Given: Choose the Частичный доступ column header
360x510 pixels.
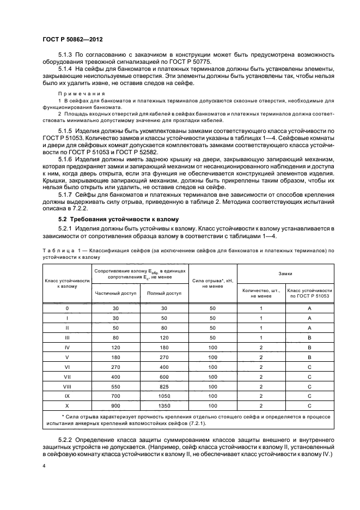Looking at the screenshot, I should [x=114, y=293].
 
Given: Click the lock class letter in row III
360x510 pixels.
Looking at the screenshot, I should [x=309, y=338].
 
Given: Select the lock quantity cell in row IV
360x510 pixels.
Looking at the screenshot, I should [x=261, y=348].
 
